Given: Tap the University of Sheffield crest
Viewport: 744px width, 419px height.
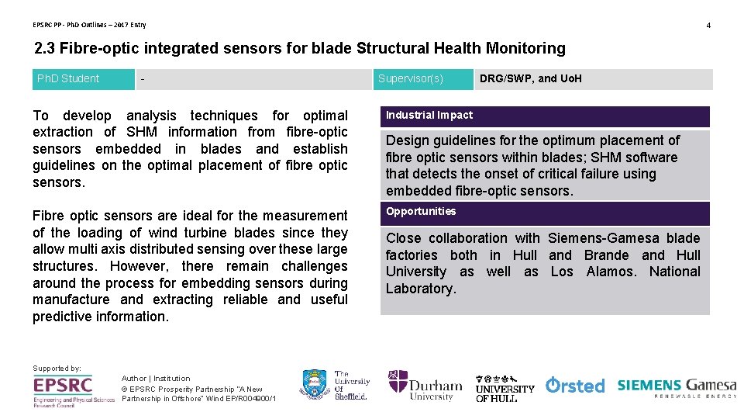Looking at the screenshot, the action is point(313,385).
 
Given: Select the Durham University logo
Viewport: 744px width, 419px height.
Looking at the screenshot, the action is point(425,385).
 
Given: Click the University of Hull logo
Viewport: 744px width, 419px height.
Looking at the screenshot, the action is point(505,386).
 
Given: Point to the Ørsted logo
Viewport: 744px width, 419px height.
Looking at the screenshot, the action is point(575,385).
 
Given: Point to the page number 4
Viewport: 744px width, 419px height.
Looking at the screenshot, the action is point(708,26).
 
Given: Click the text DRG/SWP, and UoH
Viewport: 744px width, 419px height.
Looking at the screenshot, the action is point(531,78).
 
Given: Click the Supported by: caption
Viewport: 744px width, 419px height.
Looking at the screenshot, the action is point(57,368).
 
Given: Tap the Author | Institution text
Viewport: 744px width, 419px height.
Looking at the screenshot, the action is point(156,379).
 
